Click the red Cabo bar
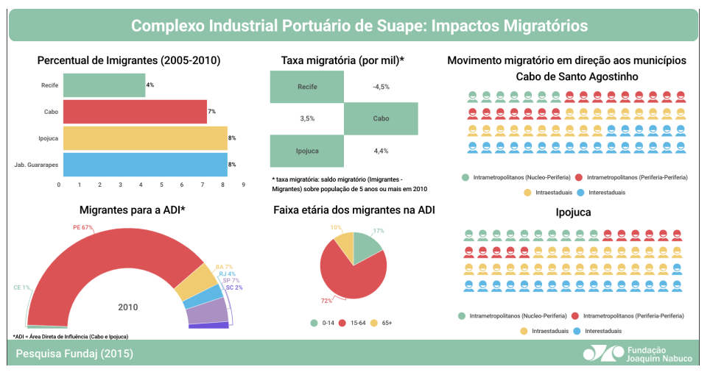pos(135,112)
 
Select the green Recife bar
pos(104,85)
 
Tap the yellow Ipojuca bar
pos(145,138)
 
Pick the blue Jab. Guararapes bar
pos(145,164)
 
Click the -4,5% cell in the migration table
pos(381,87)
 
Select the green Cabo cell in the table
pos(381,118)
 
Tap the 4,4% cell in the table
pos(381,151)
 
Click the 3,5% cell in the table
pos(307,118)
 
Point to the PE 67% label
pos(82,228)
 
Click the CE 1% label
pos(21,287)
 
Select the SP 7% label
pos(231,280)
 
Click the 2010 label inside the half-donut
pos(127,307)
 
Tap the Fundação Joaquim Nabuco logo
pos(638,354)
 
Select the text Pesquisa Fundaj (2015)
pos(74,354)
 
